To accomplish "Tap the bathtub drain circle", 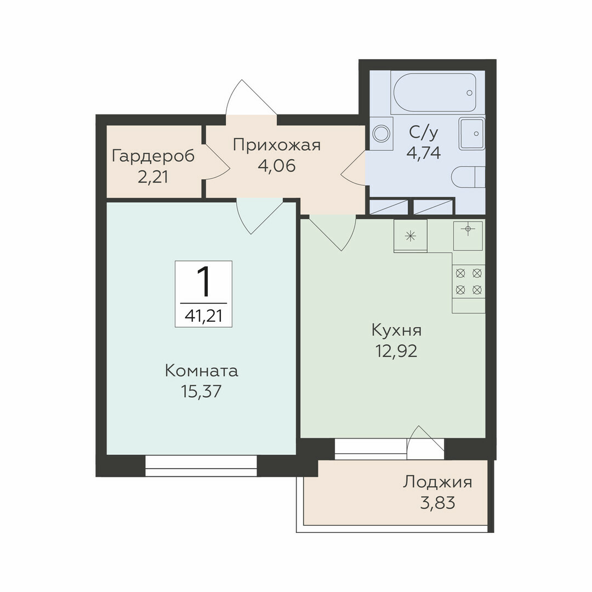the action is pyautogui.click(x=469, y=93).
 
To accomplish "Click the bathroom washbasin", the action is pyautogui.click(x=472, y=133).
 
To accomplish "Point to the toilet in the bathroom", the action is pyautogui.click(x=468, y=177).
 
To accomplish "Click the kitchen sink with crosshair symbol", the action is pyautogui.click(x=468, y=236).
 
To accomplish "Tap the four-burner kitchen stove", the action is pyautogui.click(x=469, y=282).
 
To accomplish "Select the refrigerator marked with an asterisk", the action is pyautogui.click(x=411, y=236).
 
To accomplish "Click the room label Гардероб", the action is pyautogui.click(x=153, y=156).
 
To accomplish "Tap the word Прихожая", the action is pyautogui.click(x=277, y=145).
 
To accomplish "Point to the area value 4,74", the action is pyautogui.click(x=424, y=153).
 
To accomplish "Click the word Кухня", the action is pyautogui.click(x=396, y=331).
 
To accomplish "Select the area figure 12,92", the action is pyautogui.click(x=396, y=351).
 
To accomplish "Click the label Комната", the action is pyautogui.click(x=202, y=371).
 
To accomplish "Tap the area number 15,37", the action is pyautogui.click(x=201, y=391).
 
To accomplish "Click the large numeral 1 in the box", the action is pyautogui.click(x=204, y=281).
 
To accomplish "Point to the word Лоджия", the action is pyautogui.click(x=437, y=482).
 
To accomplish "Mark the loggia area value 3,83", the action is pyautogui.click(x=437, y=503).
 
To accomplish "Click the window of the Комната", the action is pyautogui.click(x=201, y=466).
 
